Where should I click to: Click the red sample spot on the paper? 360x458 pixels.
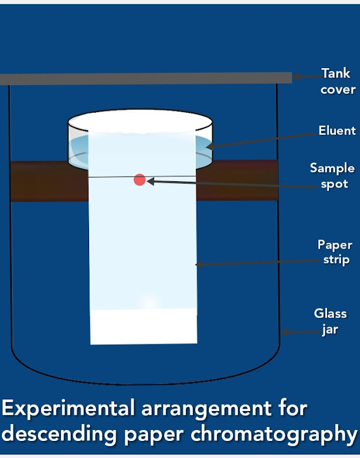point(140,179)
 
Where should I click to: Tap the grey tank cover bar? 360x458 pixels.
point(147,78)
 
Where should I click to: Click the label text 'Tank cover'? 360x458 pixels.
point(337,82)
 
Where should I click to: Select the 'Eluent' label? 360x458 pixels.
point(337,130)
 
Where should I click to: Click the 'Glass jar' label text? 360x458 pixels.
point(330,321)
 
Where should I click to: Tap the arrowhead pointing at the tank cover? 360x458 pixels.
point(297,76)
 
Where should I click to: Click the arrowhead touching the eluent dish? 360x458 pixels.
point(209,145)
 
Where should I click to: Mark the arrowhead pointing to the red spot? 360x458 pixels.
point(150,182)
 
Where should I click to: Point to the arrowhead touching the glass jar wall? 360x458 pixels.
point(285,333)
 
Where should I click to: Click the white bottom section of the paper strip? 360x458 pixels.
point(144,326)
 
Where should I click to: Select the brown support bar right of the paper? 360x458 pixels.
point(237,181)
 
